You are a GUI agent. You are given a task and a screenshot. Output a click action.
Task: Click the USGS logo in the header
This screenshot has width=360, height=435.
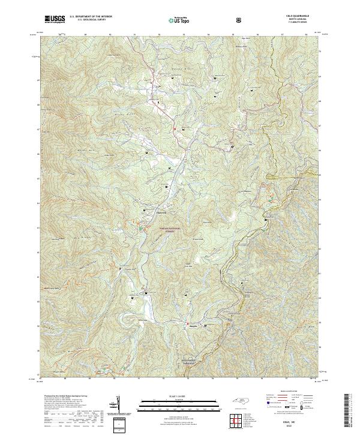[x=55, y=19]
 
